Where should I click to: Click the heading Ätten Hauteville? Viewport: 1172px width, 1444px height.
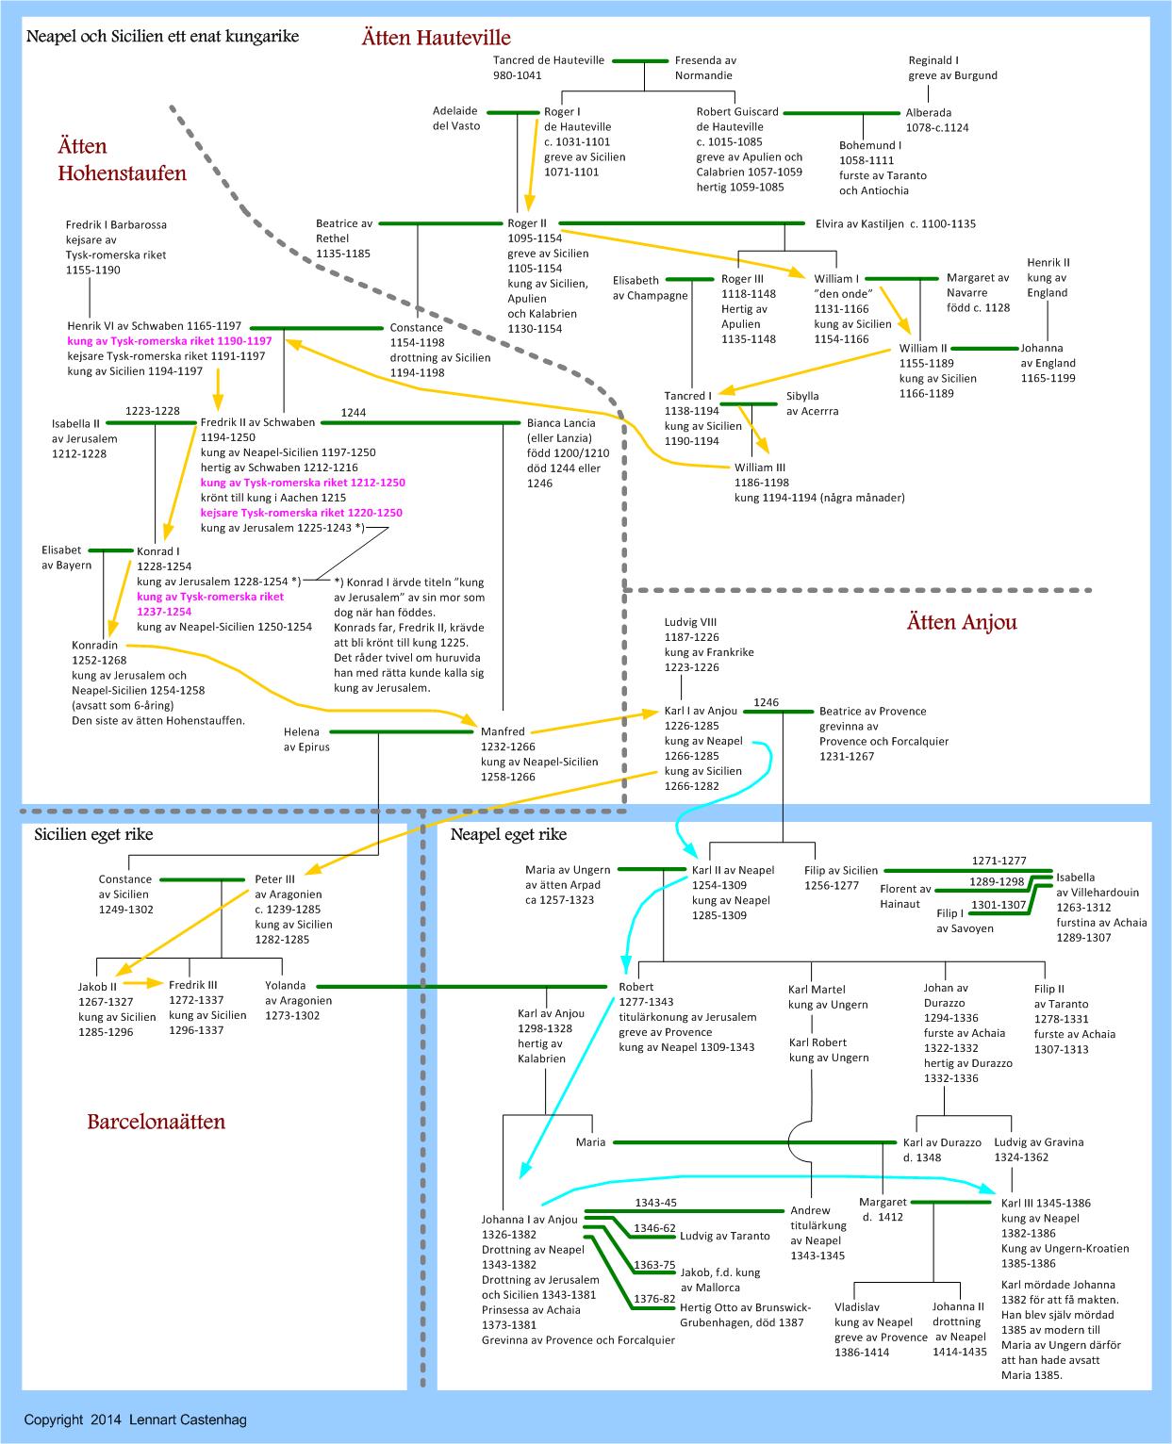coord(436,38)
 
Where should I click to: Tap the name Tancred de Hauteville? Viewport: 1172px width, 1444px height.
coord(549,60)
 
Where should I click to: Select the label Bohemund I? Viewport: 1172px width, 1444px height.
coord(869,145)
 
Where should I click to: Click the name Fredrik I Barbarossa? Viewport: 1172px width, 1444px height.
coord(116,225)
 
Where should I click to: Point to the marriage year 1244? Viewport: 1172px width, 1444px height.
coord(354,412)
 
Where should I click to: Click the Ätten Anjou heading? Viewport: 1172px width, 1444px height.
coord(962,622)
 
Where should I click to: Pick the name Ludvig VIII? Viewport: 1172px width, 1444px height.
coord(691,622)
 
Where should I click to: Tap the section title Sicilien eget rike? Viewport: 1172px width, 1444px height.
coord(93,834)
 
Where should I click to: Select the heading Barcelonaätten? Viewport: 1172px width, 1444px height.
coord(157,1122)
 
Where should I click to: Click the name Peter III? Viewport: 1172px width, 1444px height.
coord(275,879)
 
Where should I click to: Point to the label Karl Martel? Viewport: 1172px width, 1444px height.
coord(817,990)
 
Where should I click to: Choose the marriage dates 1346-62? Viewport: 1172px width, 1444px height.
coord(654,1227)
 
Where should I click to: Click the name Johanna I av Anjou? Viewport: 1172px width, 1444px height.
coord(529,1219)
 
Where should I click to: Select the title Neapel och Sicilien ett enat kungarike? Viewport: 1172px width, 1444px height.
coord(162,37)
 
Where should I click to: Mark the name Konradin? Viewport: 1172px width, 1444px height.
coord(94,645)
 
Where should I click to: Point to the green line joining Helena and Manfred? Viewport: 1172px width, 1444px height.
coord(401,731)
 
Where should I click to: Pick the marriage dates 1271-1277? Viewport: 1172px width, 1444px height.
coord(999,860)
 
